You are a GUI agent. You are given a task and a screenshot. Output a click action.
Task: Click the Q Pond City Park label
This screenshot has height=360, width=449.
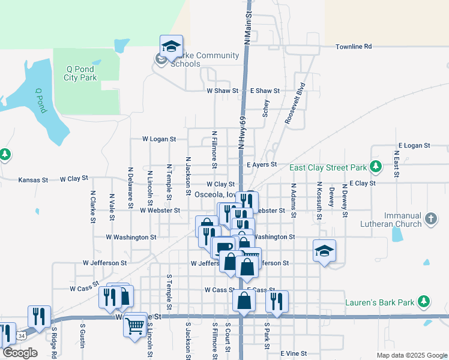[x=80, y=73]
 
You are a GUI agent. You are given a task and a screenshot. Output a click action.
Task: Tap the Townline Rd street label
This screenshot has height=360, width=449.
[x=354, y=46]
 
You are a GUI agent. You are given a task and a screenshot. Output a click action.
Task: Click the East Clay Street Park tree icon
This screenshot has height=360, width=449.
[x=376, y=166]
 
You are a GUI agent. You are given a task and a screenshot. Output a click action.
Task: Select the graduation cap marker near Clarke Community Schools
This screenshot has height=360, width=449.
[x=171, y=46]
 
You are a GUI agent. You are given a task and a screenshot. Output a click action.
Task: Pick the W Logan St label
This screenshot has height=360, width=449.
[x=159, y=139]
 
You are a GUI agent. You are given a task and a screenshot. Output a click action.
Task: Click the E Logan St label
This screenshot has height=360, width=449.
[x=414, y=146]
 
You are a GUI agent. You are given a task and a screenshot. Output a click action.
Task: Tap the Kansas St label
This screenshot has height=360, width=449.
[x=33, y=179]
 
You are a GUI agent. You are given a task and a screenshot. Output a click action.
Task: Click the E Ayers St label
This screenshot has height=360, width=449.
[x=262, y=164]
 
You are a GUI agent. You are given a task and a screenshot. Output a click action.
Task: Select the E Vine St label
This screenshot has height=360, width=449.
[x=294, y=354]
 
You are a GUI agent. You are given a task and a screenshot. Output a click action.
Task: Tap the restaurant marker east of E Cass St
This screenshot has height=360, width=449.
[x=276, y=302]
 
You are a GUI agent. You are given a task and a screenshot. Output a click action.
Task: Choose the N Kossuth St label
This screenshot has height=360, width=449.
[x=319, y=199]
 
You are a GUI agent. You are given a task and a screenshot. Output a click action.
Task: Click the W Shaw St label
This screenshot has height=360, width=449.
[x=223, y=91]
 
